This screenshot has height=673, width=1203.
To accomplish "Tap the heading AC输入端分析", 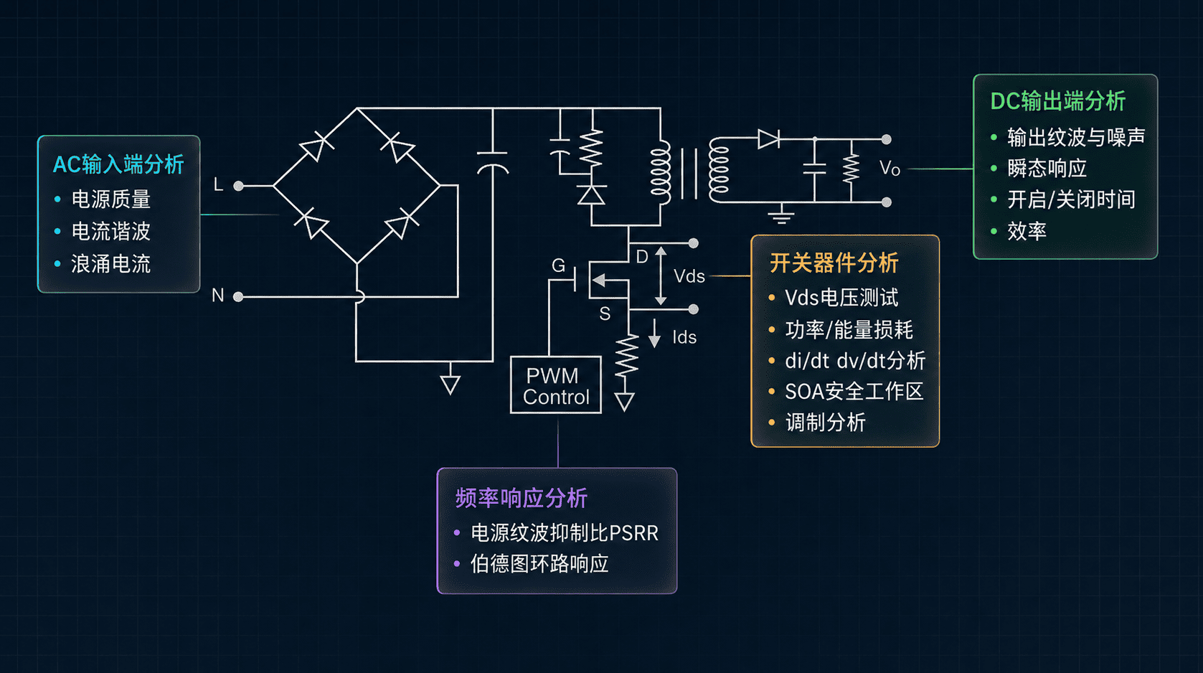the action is click(x=118, y=164).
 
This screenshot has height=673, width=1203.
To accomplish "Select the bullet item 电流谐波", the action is click(x=111, y=232).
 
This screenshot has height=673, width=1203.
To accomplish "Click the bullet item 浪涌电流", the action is click(x=111, y=264).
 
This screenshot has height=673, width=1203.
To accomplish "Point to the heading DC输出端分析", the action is click(x=1058, y=101).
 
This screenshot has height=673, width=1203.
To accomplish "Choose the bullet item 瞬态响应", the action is click(x=1047, y=169).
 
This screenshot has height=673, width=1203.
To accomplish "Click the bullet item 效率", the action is click(x=1027, y=231).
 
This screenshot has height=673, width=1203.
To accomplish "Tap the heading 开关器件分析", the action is click(x=834, y=263).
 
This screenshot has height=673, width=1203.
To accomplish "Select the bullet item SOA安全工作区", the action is click(x=854, y=392).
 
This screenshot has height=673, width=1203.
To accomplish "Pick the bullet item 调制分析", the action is click(x=826, y=423).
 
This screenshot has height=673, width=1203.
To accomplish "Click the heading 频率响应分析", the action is click(x=521, y=498).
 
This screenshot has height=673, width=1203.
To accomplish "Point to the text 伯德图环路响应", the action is click(x=539, y=564).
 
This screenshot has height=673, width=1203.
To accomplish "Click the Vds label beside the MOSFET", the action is click(x=689, y=276).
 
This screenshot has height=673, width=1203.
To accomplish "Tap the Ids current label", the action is click(x=684, y=337).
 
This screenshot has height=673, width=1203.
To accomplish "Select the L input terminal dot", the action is click(x=238, y=186).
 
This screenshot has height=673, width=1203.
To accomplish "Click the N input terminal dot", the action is click(x=238, y=296).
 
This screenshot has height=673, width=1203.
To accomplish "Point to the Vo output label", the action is click(x=890, y=169).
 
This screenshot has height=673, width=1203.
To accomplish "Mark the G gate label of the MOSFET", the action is click(x=559, y=265).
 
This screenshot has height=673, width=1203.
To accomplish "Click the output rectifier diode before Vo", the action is click(x=768, y=139).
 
